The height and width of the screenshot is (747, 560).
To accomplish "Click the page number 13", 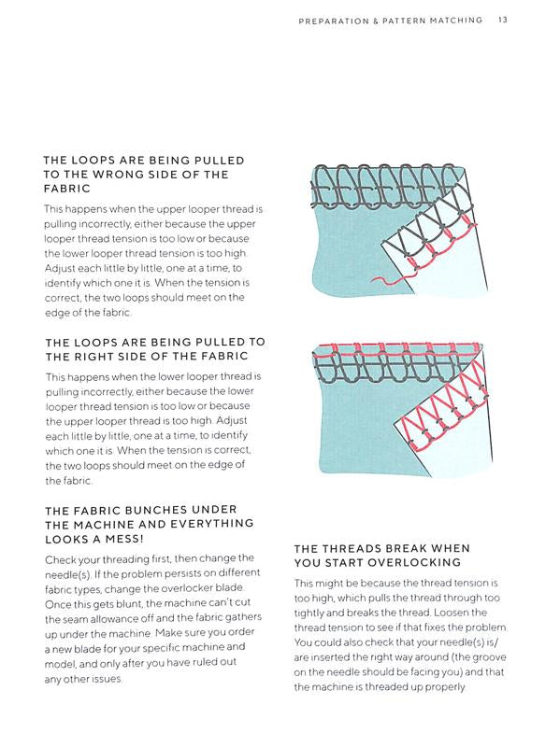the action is coord(503,20).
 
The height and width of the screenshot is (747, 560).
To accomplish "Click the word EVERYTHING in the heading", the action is coord(212,524).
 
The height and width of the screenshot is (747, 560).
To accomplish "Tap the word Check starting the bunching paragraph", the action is coord(59,559).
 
